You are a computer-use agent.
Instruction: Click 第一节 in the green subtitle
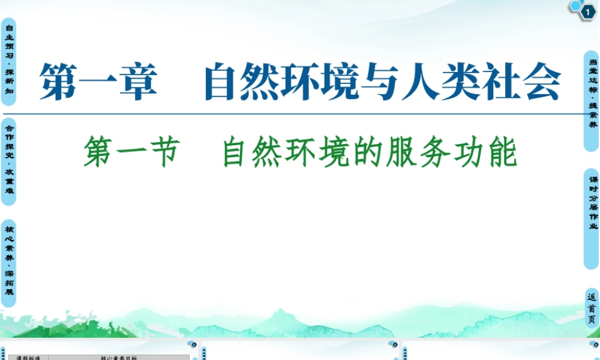[132, 153]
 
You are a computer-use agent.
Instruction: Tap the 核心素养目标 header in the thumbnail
[119, 358]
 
